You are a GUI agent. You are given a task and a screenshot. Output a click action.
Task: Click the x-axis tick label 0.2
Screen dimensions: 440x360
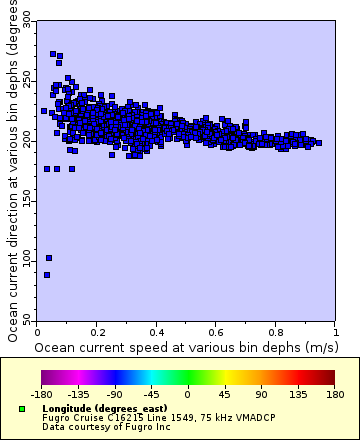(98, 330)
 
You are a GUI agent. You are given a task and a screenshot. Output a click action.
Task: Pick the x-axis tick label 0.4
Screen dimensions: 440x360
(157, 330)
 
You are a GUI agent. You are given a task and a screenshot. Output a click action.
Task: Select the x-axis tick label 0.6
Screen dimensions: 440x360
(217, 330)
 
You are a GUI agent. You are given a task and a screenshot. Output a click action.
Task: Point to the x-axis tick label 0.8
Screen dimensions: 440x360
(276, 330)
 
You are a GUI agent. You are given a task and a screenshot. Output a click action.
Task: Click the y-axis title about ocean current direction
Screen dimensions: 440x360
(9, 175)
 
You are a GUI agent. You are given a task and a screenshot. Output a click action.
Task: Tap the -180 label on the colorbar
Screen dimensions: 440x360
(41, 395)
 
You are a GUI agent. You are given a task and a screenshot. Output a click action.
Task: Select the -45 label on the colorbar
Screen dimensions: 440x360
(149, 395)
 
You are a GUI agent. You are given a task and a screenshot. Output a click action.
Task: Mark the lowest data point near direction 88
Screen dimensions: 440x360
(46, 274)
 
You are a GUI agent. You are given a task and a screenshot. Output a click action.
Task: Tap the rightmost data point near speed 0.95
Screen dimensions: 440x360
(318, 143)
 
